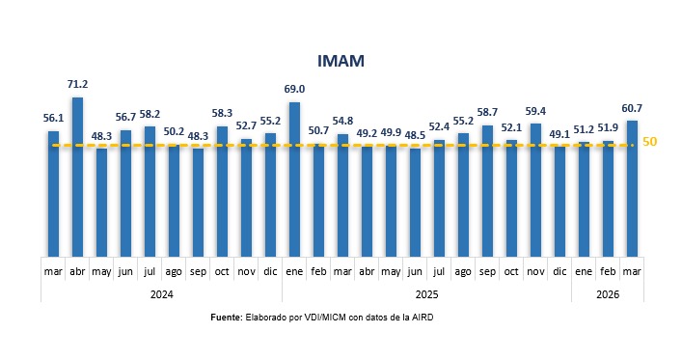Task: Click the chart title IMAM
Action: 341,62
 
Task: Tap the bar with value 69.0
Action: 294,179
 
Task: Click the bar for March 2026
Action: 632,188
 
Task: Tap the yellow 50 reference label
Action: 650,142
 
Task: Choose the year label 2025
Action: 426,293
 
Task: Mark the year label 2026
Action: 608,293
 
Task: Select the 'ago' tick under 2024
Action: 174,271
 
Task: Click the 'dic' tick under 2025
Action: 559,271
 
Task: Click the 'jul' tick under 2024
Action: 150,271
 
